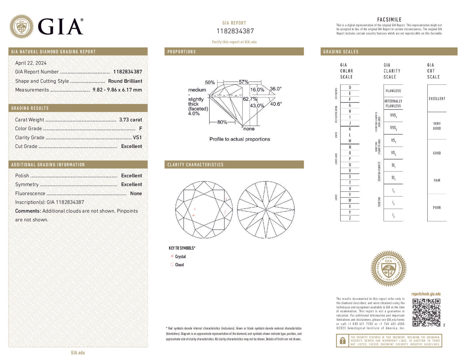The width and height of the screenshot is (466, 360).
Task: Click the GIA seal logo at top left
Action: click(x=22, y=26)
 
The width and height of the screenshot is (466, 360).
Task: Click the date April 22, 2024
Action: click(x=31, y=63)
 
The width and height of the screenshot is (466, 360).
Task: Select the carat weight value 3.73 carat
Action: click(x=130, y=120)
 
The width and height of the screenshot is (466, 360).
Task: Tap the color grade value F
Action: click(x=140, y=129)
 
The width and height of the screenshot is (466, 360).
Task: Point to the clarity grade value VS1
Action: click(x=137, y=137)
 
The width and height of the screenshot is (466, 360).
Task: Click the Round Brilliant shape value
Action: click(x=125, y=81)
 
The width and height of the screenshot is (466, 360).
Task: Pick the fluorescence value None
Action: click(x=136, y=193)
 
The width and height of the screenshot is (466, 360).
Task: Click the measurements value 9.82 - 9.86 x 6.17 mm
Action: click(x=117, y=90)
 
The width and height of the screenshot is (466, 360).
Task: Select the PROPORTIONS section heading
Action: click(x=182, y=52)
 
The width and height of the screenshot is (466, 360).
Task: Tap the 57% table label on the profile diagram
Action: click(x=243, y=82)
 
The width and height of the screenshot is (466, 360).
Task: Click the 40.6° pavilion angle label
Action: click(x=276, y=104)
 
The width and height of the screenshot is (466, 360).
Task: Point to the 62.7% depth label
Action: click(x=250, y=99)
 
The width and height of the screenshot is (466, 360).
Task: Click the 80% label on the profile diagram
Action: click(x=222, y=122)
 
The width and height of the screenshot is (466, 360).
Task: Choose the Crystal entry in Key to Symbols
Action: click(x=180, y=257)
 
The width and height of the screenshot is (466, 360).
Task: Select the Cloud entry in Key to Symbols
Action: click(x=179, y=265)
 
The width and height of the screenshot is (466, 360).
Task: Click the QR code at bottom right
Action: click(x=426, y=312)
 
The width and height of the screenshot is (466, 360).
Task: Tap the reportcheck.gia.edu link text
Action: click(x=426, y=294)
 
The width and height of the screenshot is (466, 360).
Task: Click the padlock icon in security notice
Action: click(x=342, y=341)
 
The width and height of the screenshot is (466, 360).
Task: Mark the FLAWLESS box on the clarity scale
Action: click(x=393, y=91)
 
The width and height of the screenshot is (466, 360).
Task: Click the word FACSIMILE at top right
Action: click(x=389, y=20)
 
